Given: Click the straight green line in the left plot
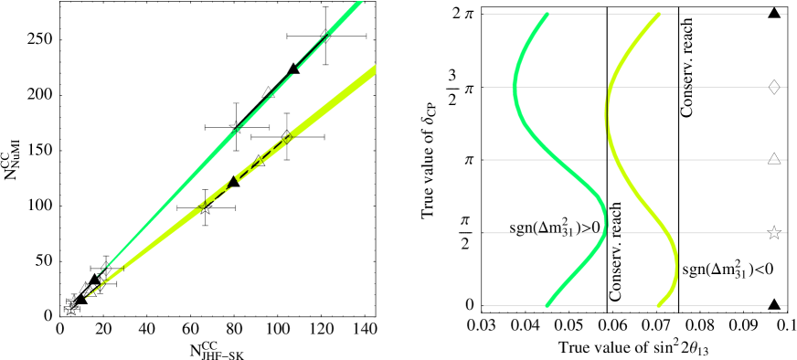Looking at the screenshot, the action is tap(183, 182).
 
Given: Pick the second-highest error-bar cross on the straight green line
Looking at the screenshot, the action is tap(236, 127).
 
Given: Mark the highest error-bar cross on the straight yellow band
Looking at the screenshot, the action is tap(287, 137).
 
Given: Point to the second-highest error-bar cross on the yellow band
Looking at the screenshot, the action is tap(206, 207).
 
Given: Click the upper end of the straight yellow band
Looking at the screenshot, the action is tap(373, 70).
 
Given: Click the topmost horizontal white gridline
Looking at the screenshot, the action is tap(713, 14).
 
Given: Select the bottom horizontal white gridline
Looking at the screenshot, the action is tap(713, 305).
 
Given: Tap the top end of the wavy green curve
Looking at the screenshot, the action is tap(547, 15).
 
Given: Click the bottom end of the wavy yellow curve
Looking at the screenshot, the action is tap(658, 304).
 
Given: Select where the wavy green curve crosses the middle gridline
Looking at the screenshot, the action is tap(552, 160).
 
